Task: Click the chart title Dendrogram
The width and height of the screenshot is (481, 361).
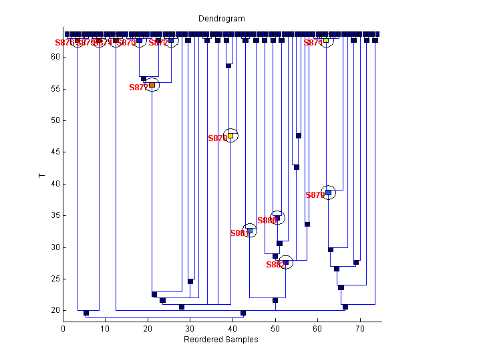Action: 222,19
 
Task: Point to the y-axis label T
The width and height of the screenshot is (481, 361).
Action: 42,176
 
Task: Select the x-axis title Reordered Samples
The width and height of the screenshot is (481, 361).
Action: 221,340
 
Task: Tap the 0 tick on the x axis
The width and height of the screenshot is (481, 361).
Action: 63,328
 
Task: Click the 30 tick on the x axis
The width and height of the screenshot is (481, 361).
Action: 190,328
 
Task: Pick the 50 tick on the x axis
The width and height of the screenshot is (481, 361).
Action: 275,328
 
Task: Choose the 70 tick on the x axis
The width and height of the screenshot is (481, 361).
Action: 360,328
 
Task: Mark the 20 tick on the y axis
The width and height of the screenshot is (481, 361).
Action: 56,311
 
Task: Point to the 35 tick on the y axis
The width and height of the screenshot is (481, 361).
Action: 56,216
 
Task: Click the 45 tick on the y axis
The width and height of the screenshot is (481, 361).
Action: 56,152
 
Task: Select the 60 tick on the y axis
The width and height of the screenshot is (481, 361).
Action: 56,57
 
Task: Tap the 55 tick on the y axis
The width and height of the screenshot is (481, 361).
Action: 56,89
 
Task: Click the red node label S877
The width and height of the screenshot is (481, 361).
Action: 138,88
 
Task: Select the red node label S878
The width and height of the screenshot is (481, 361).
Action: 217,138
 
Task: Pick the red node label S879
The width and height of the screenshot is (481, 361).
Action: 315,195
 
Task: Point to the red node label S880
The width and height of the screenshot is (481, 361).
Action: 266,221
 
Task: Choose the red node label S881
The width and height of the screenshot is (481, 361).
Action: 239,233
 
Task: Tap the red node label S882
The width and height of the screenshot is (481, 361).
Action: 275,265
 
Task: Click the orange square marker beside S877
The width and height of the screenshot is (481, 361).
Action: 152,85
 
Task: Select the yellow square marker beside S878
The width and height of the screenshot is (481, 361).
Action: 230,135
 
